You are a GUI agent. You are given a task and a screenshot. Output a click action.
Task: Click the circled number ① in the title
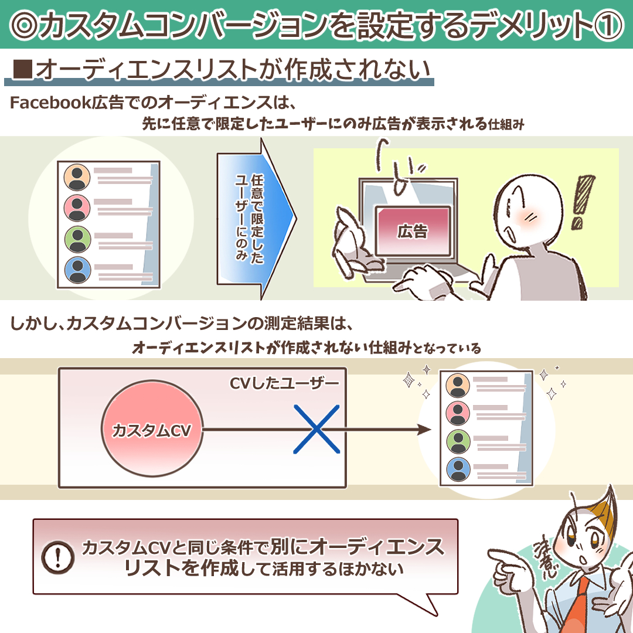609,25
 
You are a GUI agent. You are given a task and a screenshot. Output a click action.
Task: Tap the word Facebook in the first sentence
50,103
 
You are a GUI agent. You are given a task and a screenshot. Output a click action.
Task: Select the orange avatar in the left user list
77,177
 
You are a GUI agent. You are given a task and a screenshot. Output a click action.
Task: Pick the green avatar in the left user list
77,239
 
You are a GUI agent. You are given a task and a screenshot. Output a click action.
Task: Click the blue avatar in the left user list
77,270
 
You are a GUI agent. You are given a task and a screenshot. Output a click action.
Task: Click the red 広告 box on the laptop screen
413,231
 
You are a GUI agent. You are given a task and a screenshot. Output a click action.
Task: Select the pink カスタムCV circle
152,429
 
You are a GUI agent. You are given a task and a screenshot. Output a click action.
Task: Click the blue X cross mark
316,429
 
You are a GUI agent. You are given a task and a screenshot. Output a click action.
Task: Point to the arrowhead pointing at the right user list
425,430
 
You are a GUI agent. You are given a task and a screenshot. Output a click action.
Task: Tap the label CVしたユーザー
284,383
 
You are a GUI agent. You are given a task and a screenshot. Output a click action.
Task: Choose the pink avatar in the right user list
458,413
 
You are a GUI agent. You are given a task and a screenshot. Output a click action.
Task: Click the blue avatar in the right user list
458,469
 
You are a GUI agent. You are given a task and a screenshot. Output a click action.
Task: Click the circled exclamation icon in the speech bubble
57,557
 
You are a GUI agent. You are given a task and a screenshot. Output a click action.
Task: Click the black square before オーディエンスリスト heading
23,69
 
